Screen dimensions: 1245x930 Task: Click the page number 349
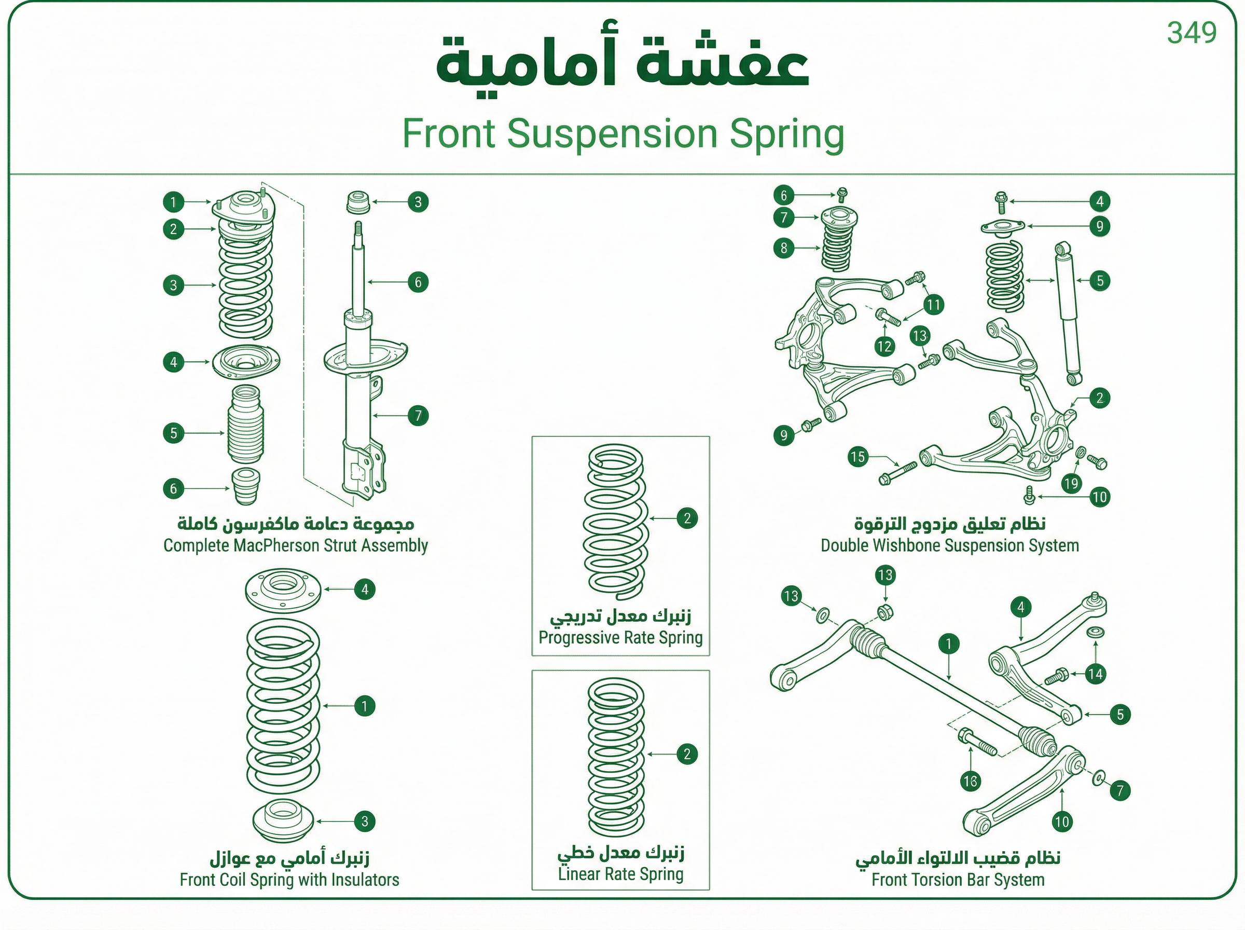click(1192, 33)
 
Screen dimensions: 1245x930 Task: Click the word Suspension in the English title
click(612, 134)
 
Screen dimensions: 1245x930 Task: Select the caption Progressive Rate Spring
click(620, 638)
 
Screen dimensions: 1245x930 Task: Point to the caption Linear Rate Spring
click(620, 874)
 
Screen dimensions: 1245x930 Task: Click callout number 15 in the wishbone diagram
click(857, 457)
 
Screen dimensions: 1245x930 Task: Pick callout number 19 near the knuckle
click(1071, 483)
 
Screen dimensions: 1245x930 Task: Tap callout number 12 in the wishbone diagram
click(884, 346)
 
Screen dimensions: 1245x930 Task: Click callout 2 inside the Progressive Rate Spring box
click(687, 518)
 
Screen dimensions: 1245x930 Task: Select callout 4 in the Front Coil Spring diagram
click(365, 590)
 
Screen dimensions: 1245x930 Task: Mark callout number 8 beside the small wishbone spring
click(784, 248)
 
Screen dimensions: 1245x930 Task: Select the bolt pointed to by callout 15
click(897, 473)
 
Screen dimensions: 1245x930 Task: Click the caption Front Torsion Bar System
click(958, 880)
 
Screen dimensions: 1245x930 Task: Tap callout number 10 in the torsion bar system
click(1061, 822)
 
